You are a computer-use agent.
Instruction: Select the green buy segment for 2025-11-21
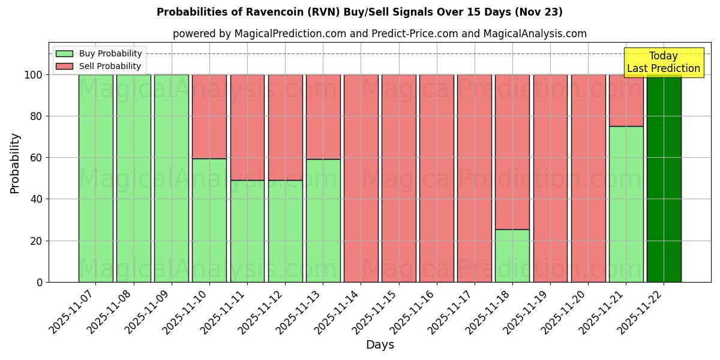click(x=626, y=204)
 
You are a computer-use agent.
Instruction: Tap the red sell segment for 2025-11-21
click(x=626, y=100)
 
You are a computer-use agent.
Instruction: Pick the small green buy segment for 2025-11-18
click(x=512, y=256)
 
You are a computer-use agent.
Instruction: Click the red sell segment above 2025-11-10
click(x=209, y=116)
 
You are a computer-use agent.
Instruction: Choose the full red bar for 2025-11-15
click(x=399, y=178)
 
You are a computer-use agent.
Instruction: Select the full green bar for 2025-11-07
click(x=96, y=178)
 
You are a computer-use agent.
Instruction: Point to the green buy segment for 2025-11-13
click(x=323, y=220)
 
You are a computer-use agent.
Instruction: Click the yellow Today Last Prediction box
click(x=663, y=62)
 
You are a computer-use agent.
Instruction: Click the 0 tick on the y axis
click(x=40, y=282)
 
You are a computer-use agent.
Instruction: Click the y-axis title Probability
click(x=15, y=163)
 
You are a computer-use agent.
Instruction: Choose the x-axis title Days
click(x=380, y=345)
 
